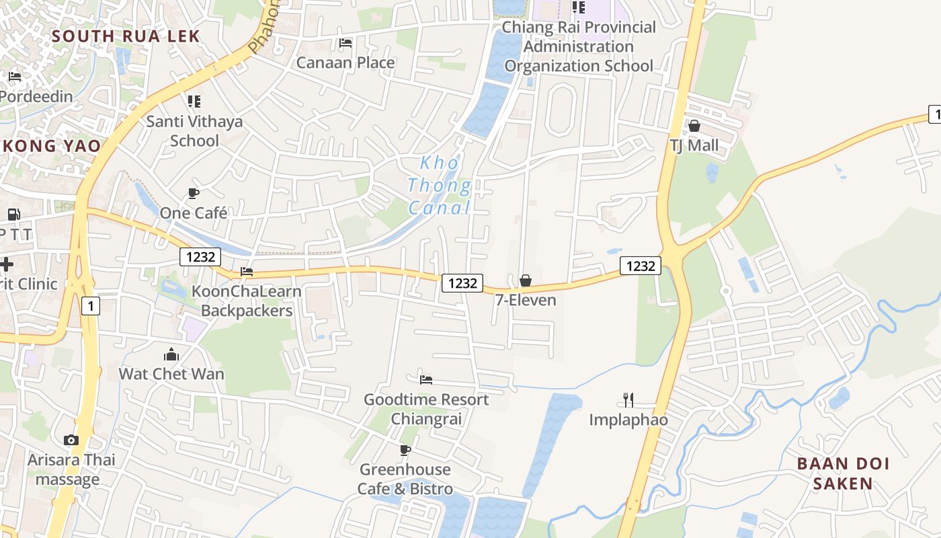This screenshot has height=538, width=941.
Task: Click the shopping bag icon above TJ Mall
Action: click(694, 126)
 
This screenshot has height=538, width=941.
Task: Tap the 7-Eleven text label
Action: click(526, 300)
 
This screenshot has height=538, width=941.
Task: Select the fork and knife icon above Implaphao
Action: click(628, 400)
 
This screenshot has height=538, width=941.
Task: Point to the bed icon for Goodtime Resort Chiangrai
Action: click(426, 379)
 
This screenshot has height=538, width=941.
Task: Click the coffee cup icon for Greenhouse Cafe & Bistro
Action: click(405, 449)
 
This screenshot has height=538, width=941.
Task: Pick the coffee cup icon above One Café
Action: click(194, 194)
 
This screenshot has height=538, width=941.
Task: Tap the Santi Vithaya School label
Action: click(194, 131)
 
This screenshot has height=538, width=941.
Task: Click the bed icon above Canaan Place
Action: click(345, 43)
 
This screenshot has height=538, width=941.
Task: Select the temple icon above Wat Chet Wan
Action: click(171, 354)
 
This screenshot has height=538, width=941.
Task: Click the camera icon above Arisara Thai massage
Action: click(71, 440)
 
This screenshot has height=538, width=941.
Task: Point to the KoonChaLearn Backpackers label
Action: click(247, 301)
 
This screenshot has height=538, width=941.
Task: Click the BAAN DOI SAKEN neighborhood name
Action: click(843, 473)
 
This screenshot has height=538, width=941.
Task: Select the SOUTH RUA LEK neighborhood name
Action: click(126, 36)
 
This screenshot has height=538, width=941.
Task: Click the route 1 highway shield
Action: click(91, 307)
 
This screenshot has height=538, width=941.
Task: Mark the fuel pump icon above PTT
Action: click(13, 215)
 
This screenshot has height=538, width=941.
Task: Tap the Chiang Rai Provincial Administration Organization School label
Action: click(579, 46)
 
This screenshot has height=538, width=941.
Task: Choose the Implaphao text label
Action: click(628, 420)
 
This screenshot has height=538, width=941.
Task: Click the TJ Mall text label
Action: click(694, 145)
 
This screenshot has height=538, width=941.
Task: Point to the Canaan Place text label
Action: click(345, 63)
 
